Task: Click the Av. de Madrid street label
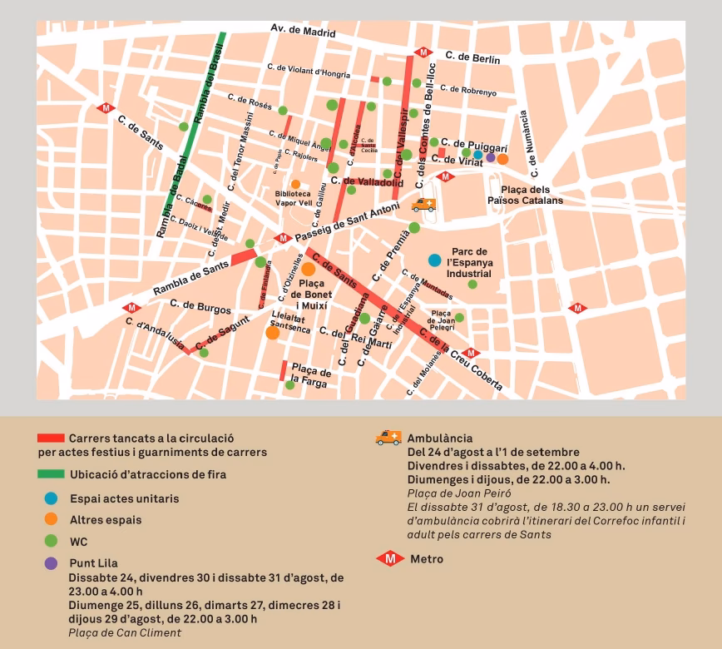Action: (303, 31)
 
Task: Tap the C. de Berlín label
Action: (472, 57)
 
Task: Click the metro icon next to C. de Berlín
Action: (424, 52)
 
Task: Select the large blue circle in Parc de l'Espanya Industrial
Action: (434, 260)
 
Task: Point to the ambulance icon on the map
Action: (423, 205)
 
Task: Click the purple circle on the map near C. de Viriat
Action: (490, 157)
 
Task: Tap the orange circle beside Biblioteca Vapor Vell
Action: (295, 184)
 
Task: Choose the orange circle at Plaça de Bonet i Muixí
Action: (308, 269)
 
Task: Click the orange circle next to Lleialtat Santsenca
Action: (272, 333)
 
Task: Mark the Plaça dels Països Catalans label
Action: (525, 195)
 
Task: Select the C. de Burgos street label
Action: (200, 307)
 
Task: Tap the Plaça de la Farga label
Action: (311, 374)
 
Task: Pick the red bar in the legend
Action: (51, 438)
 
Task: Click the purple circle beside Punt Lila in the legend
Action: (52, 563)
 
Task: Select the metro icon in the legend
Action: (389, 558)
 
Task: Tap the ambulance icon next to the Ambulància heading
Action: (388, 438)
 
